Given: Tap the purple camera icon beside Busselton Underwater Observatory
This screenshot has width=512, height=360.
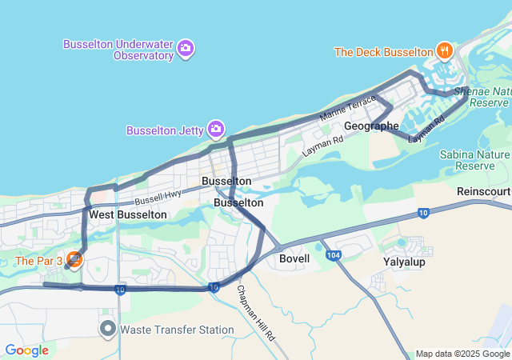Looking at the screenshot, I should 186,49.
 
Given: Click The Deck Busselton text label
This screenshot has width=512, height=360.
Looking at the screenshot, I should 383,52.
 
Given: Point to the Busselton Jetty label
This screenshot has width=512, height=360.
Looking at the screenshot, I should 166,130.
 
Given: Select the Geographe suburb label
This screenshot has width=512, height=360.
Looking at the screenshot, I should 371,126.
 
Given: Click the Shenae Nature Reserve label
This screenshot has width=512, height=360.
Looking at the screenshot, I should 482,98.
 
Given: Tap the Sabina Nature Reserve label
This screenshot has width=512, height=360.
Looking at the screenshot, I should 482,159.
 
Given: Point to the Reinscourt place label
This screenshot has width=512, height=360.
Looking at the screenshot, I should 483,192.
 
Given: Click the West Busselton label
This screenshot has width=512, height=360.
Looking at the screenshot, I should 128,214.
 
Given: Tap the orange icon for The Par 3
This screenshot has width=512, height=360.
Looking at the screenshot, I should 74,259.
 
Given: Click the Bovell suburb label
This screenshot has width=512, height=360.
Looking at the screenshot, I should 294,259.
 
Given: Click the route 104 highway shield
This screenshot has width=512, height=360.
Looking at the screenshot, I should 334,254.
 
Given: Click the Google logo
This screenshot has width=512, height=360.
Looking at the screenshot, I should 26,350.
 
